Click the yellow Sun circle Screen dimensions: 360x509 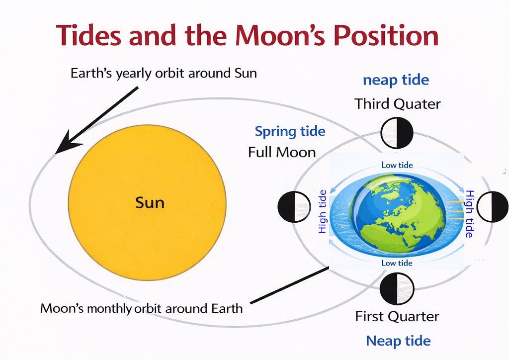click(x=147, y=203)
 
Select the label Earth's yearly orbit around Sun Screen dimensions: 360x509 click(x=164, y=74)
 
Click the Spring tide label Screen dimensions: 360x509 click(x=290, y=131)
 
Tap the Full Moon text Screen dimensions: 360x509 click(x=282, y=152)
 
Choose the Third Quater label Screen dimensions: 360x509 click(x=397, y=104)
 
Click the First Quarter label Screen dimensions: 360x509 click(x=397, y=316)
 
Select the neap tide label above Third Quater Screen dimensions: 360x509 click(x=396, y=80)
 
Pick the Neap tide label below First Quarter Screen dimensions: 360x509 click(x=398, y=341)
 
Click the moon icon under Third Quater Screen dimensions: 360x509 click(x=397, y=133)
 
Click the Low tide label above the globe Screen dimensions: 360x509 click(x=397, y=165)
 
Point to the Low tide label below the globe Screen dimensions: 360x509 click(x=397, y=262)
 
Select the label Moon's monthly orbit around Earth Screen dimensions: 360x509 click(x=142, y=308)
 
